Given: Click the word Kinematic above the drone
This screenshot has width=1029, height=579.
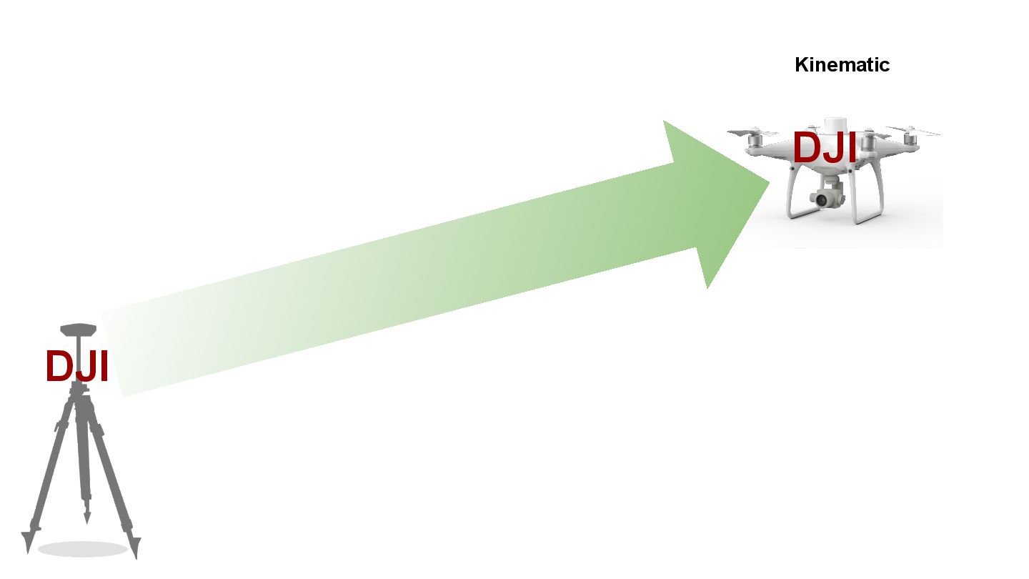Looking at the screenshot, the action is (842, 65).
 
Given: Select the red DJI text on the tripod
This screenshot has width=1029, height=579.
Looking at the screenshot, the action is (76, 367).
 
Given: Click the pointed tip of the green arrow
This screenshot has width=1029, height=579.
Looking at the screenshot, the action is (769, 183).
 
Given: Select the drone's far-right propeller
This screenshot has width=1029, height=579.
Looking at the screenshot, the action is (914, 132).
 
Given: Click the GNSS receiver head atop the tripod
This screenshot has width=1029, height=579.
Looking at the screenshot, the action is (78, 330).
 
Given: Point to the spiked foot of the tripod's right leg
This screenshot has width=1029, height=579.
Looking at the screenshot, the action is (135, 547).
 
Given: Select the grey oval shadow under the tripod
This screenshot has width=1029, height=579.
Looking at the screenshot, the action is (82, 550).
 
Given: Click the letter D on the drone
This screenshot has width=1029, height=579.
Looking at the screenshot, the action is (807, 149).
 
